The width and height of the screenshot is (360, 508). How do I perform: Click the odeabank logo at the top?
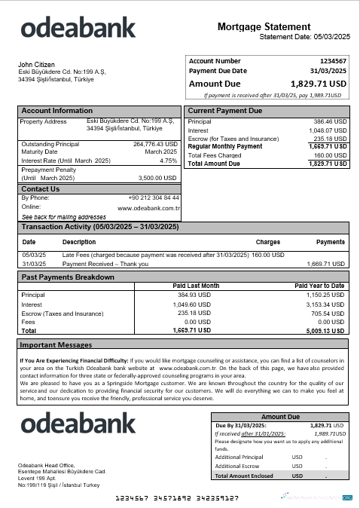click(x=78, y=29)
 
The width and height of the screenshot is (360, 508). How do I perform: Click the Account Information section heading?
click(x=57, y=111)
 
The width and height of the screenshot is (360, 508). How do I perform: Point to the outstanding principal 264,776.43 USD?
click(x=154, y=144)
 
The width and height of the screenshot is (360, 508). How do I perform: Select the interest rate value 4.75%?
click(x=168, y=161)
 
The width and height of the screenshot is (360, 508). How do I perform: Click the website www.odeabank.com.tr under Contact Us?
click(x=148, y=207)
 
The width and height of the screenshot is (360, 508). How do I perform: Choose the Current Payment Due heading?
click(x=224, y=111)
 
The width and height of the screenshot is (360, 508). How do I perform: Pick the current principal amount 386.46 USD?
click(x=330, y=121)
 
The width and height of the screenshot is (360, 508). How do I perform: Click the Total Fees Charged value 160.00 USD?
click(x=331, y=155)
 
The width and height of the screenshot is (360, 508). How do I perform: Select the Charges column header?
click(x=267, y=243)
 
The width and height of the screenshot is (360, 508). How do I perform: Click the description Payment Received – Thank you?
click(x=105, y=265)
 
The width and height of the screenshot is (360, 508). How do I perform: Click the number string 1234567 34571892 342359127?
click(x=176, y=498)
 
